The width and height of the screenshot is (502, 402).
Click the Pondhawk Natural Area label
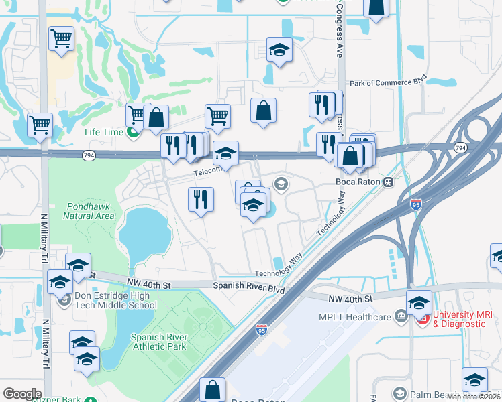pyautogui.click(x=91, y=211)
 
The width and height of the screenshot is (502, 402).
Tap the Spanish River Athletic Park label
pyautogui.click(x=158, y=342)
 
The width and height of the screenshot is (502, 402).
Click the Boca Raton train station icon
pyautogui.click(x=388, y=182)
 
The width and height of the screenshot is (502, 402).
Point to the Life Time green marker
pyautogui.click(x=133, y=132)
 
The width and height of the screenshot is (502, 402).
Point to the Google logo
pyautogui.click(x=22, y=393)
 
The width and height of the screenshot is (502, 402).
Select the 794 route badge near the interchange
pyautogui.click(x=460, y=147)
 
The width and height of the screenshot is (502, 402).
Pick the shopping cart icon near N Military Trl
pyautogui.click(x=40, y=124)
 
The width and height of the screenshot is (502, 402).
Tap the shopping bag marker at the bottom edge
pyautogui.click(x=213, y=389)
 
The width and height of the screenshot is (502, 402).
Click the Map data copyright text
pyautogui.click(x=474, y=397)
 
